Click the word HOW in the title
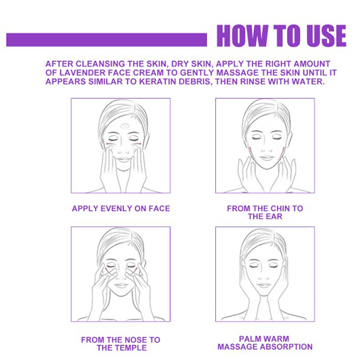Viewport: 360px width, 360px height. (242, 36)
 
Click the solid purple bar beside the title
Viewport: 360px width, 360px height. (107, 40)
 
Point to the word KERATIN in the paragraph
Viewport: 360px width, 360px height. (158, 81)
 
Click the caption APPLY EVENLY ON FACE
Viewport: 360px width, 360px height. (121, 208)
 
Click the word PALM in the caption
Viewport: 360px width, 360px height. (251, 339)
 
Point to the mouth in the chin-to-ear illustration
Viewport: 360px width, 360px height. (266, 158)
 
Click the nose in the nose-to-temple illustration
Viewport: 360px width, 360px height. (121, 277)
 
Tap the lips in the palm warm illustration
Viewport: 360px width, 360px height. (264, 285)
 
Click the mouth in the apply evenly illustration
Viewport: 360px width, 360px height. (123, 159)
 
